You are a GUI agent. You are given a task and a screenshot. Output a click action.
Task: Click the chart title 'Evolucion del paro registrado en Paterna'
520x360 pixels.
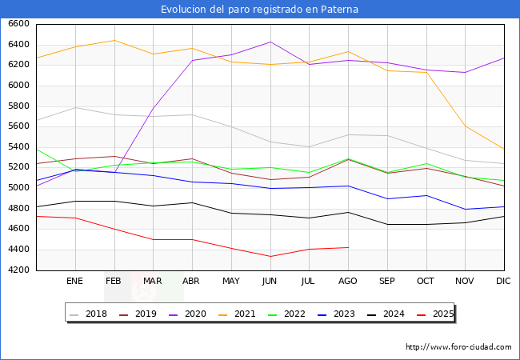(x=259, y=10)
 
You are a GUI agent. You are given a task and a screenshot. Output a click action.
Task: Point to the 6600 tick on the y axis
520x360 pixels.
(x=18, y=24)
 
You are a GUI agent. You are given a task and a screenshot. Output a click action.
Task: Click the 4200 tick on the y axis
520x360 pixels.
(x=18, y=270)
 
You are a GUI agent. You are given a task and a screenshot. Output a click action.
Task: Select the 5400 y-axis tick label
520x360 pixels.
(x=18, y=147)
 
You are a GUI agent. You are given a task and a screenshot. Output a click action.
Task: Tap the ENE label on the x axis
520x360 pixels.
(x=74, y=281)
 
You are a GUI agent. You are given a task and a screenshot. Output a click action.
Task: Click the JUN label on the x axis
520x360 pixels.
(x=270, y=281)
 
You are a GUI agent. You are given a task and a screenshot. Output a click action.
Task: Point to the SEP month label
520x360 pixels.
(x=386, y=281)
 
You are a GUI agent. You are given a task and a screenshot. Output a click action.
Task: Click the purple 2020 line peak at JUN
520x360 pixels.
(x=270, y=42)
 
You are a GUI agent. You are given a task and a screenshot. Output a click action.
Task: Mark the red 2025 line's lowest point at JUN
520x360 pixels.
(x=270, y=257)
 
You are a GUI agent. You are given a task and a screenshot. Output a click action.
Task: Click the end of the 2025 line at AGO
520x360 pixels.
(x=348, y=247)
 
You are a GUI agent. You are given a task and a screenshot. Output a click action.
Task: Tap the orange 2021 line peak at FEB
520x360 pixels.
(x=114, y=40)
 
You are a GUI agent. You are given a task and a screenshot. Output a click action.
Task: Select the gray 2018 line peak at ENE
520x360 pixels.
(x=74, y=107)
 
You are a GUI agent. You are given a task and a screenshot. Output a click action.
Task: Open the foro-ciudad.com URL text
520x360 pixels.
(x=458, y=347)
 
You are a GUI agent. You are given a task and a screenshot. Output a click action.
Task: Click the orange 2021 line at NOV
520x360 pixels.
(x=465, y=126)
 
